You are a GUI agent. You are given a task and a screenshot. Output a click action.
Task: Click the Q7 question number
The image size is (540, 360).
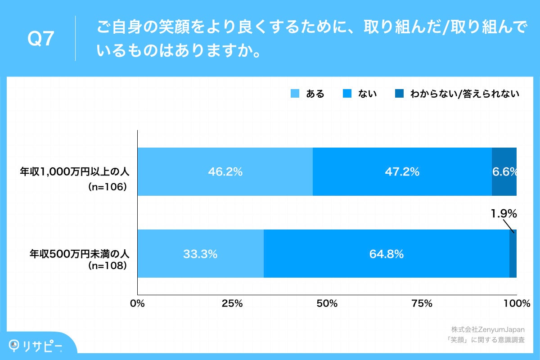click(41, 40)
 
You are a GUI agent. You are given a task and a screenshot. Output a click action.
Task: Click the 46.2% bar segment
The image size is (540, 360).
click(225, 171)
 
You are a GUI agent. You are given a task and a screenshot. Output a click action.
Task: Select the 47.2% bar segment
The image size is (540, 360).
click(402, 171)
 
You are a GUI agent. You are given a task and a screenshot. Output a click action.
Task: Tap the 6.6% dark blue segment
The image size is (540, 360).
click(504, 171)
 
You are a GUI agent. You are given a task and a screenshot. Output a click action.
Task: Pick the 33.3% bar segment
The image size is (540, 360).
click(200, 254)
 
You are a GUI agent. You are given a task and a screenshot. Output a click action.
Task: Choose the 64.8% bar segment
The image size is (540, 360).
click(386, 254)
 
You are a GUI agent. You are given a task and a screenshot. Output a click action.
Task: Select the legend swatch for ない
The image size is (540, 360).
click(347, 94)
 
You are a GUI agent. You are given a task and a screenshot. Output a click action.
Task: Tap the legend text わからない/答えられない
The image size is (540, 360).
click(465, 94)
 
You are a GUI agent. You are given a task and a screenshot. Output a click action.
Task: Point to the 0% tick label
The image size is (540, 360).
click(137, 304)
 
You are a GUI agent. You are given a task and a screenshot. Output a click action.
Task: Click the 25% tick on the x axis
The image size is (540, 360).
click(232, 304)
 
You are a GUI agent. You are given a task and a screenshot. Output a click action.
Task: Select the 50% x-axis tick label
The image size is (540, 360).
click(327, 304)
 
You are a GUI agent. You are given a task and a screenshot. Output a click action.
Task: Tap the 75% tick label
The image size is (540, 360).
click(422, 304)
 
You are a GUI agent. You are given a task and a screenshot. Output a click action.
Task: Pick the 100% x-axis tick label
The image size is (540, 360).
click(517, 304)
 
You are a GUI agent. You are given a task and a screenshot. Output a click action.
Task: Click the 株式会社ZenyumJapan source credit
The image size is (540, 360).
click(487, 329)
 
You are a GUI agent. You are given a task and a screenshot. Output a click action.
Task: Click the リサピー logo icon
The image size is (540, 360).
click(15, 345)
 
